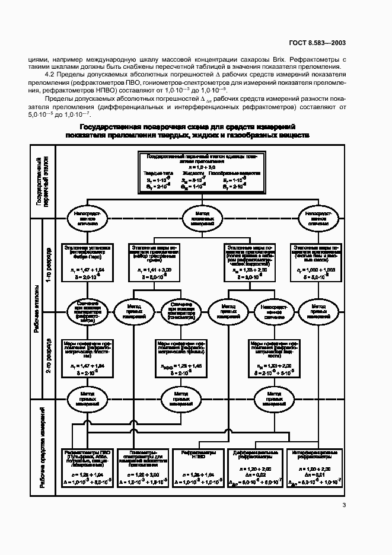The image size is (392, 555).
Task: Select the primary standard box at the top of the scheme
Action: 201,173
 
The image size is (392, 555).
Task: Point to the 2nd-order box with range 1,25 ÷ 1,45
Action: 181,358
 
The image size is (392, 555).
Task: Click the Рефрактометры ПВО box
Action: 87,468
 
